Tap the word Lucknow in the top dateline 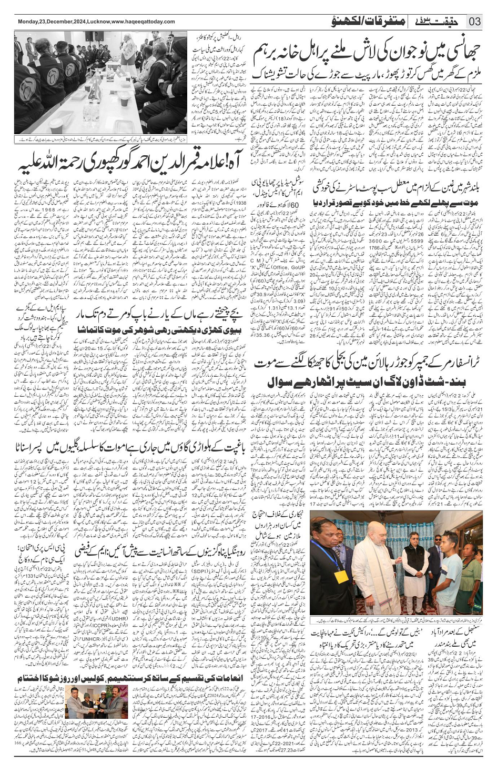95,22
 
